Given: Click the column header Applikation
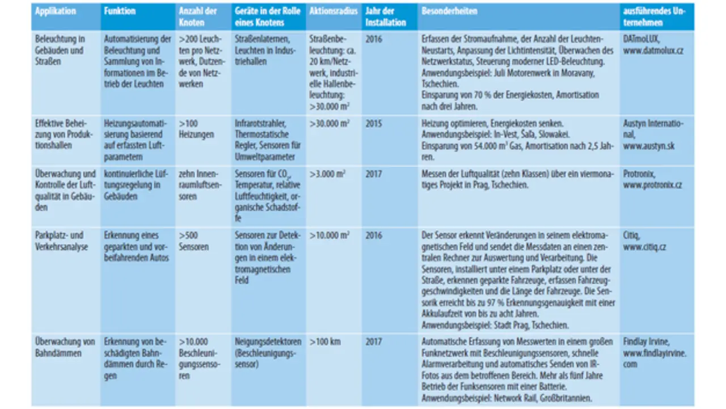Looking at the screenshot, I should tap(56, 11).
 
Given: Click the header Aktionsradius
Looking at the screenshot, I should tap(334, 11).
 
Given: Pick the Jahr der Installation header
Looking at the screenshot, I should tap(386, 17).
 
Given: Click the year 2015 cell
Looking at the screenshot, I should tap(375, 123).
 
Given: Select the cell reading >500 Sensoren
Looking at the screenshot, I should tap(194, 241).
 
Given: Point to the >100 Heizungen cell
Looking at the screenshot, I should tap(197, 129).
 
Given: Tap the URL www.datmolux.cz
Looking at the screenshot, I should tap(653, 50).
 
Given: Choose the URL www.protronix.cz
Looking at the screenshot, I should tap(652, 185).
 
